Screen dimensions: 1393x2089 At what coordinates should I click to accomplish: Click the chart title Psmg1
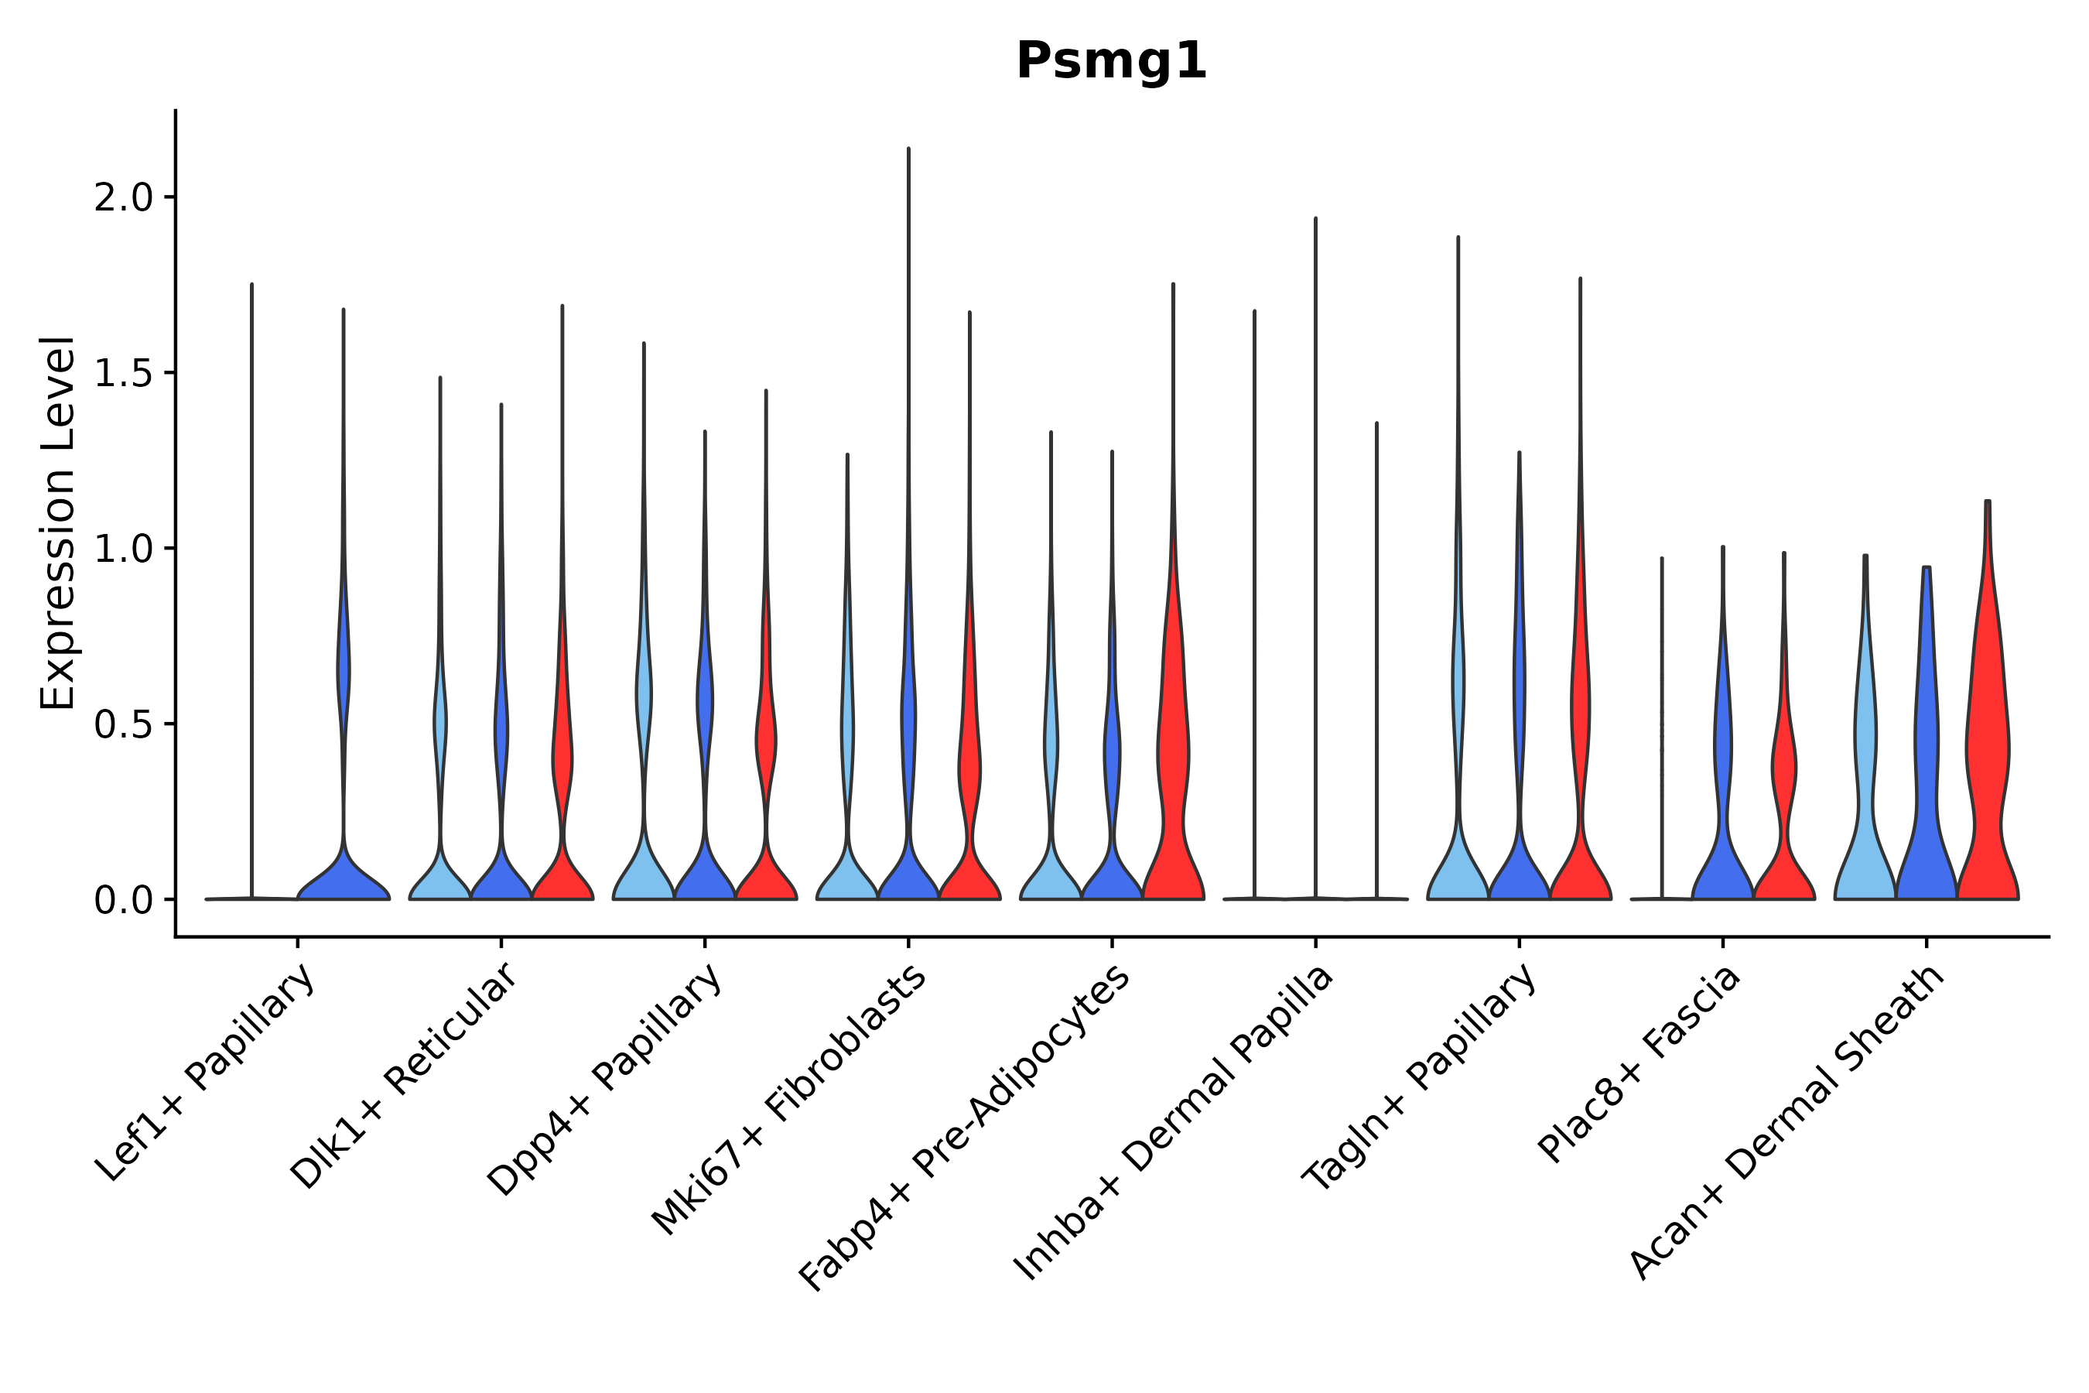pyautogui.click(x=1111, y=62)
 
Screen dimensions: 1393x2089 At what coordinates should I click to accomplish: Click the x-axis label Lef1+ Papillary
pyautogui.click(x=206, y=1073)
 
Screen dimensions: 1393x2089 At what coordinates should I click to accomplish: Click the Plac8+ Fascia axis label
pyautogui.click(x=1639, y=1063)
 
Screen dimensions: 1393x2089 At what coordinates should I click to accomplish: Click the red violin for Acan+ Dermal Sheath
pyautogui.click(x=1988, y=755)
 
